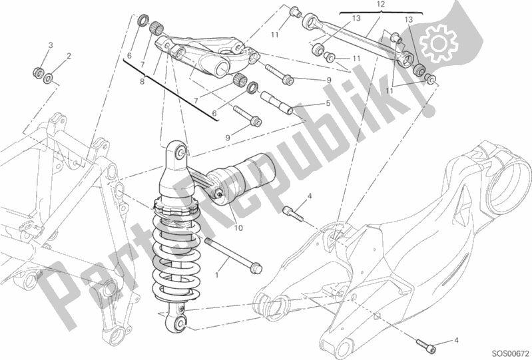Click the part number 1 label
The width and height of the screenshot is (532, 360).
tap(217, 275)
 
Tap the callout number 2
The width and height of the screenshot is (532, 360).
tap(69, 56)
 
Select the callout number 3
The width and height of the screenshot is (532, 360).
tap(50, 45)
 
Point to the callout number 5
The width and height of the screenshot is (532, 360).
tap(328, 103)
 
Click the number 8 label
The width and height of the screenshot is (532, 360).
tap(142, 81)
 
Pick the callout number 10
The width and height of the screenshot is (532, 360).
tap(238, 228)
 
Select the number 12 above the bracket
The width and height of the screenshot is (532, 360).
tap(381, 5)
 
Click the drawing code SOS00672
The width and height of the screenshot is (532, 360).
tap(511, 353)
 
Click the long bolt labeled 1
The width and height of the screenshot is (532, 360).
tap(234, 254)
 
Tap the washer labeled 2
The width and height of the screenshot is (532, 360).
tap(48, 79)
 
